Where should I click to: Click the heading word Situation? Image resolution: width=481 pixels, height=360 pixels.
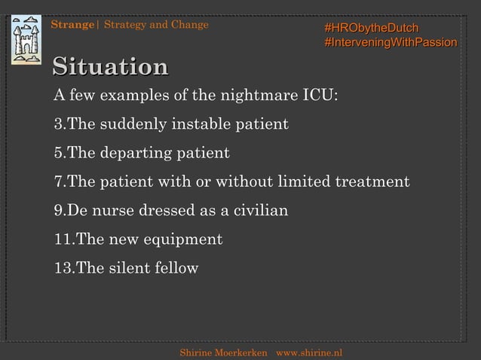[110, 67]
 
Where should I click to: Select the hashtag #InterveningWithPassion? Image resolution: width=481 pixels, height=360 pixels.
[389, 43]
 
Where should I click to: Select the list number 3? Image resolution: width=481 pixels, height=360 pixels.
[58, 124]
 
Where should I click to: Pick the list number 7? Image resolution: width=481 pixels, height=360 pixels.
[58, 182]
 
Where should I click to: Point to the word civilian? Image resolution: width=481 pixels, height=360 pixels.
[253, 210]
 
